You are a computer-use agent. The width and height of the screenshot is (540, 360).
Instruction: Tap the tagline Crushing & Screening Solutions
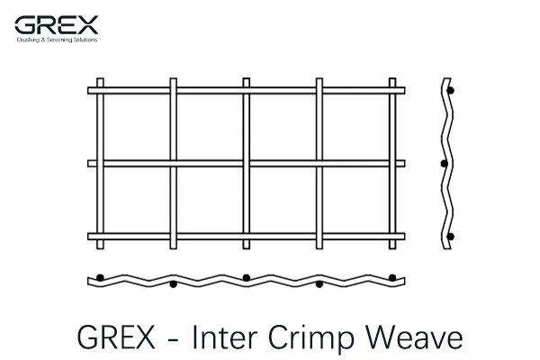57,40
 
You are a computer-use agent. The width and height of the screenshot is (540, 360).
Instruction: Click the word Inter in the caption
224,337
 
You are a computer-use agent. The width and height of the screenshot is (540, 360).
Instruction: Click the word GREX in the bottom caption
116,337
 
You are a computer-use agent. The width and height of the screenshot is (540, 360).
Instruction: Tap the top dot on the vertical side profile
450,91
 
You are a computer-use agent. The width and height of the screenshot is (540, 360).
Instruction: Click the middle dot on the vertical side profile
445,164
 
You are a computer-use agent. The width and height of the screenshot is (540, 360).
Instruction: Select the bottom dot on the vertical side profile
450,237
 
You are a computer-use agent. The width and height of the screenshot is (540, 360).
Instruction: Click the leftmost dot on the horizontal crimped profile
100,278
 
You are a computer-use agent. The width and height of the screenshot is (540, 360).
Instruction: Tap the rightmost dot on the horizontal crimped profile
392,278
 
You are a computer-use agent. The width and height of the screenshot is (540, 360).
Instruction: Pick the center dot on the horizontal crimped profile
247,278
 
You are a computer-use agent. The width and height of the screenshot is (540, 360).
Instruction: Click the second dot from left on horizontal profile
173,284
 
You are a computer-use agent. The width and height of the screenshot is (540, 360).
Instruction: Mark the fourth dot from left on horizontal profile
319,284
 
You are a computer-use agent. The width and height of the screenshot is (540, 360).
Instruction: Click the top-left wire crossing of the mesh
100,91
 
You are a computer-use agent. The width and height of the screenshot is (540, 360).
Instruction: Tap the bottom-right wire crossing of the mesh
392,237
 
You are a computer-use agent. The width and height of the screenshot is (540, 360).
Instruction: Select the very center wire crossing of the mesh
247,164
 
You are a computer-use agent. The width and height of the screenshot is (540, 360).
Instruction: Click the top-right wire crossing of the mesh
392,91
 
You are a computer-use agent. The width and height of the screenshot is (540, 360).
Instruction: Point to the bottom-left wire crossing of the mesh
100,237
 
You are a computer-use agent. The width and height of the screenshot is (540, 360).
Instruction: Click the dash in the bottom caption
173,340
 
